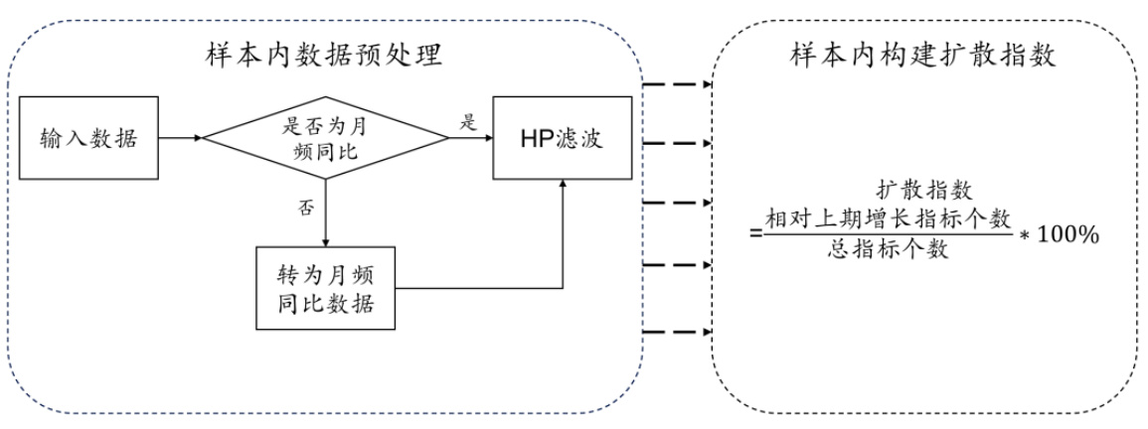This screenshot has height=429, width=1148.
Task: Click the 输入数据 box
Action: pyautogui.click(x=88, y=138)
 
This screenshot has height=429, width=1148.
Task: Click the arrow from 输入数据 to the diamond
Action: pyautogui.click(x=180, y=138)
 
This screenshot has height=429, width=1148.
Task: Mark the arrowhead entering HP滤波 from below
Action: pyautogui.click(x=564, y=185)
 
